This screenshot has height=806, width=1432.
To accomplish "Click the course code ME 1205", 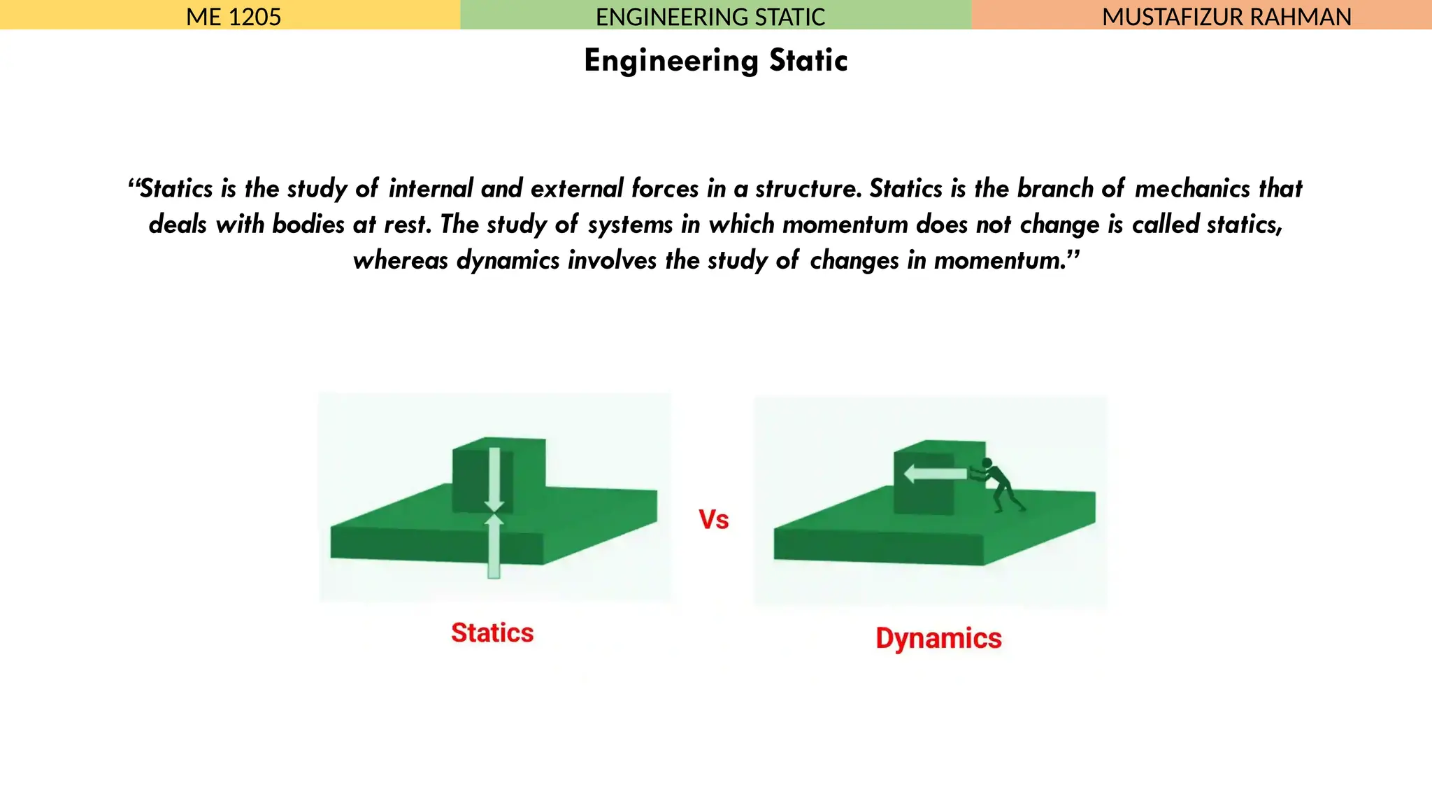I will [x=234, y=16].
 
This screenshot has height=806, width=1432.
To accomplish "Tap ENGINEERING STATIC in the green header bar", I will [x=710, y=16].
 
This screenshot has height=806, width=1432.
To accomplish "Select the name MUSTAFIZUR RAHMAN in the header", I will [x=1226, y=16].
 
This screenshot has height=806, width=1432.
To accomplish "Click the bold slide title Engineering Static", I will [x=716, y=61].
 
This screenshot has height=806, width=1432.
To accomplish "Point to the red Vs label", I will [x=714, y=520].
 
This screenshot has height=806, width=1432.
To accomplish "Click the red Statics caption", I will [x=492, y=633].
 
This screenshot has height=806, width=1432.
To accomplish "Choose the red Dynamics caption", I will [x=938, y=639].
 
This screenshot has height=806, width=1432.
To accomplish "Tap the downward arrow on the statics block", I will [x=494, y=479].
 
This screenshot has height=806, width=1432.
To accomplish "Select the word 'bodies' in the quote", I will [x=308, y=225].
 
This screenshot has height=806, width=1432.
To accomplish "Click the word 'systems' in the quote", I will [x=632, y=225].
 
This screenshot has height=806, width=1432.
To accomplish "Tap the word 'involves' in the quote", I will [x=612, y=260].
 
